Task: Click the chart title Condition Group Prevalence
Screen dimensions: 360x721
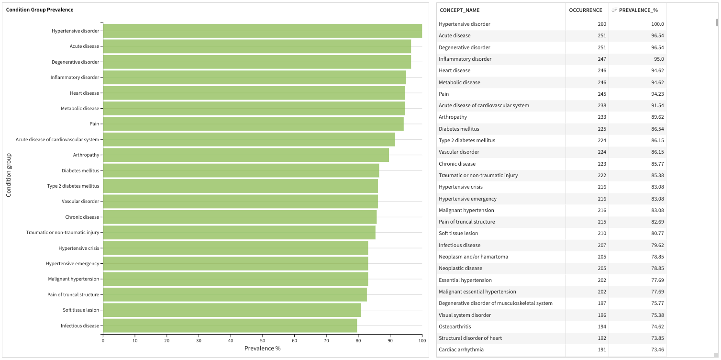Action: coord(40,10)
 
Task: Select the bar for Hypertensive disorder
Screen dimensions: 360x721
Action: coord(262,31)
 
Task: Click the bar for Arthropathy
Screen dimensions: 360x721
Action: coord(246,155)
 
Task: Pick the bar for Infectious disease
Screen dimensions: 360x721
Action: coord(230,326)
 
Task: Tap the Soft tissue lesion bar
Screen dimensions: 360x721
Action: coord(232,310)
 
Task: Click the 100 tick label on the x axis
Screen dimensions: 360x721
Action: coord(422,340)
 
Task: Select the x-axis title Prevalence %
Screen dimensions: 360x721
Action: coord(262,349)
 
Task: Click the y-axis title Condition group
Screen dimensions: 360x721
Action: coord(9,175)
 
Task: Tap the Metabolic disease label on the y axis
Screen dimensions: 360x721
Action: coord(80,109)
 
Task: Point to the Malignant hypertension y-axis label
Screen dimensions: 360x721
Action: coord(74,279)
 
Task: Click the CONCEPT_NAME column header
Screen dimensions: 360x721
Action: coord(459,10)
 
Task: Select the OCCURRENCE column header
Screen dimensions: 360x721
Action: coord(585,10)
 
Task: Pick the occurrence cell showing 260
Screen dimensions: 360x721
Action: coord(601,24)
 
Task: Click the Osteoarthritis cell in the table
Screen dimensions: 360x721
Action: coord(455,326)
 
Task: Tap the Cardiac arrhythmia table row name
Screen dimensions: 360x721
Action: coord(461,349)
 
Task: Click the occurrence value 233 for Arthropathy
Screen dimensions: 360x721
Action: coord(601,117)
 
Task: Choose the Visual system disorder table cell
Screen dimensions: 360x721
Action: coord(465,315)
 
